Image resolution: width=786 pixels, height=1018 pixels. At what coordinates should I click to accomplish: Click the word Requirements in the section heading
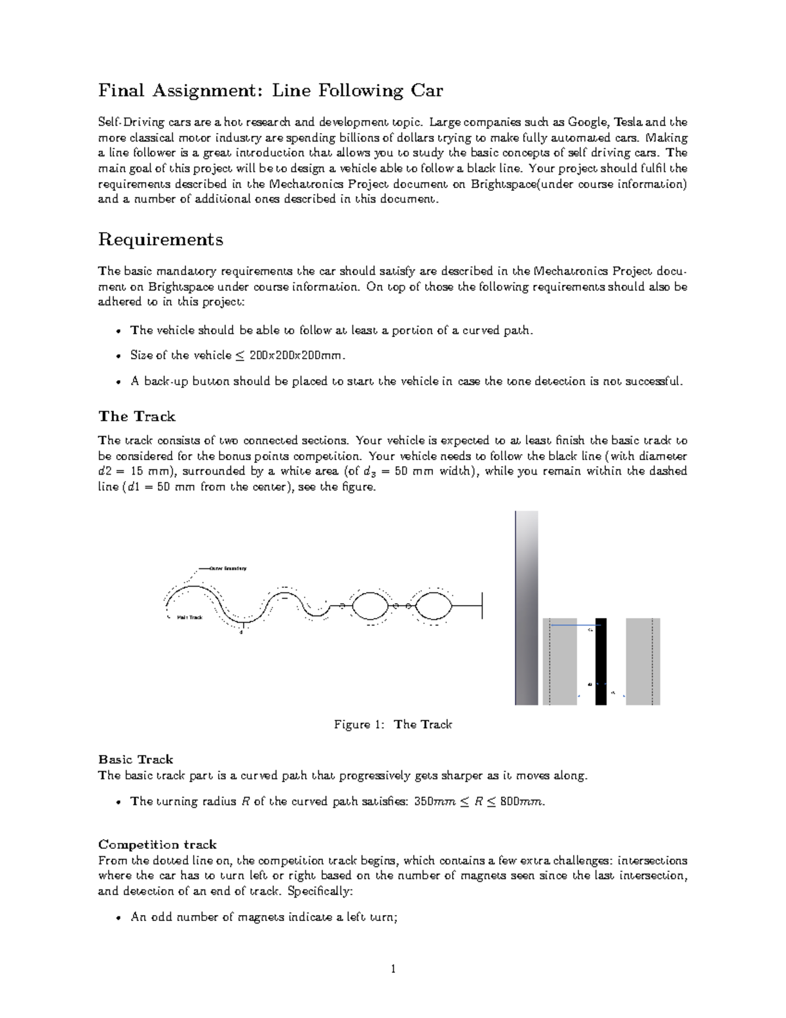160,240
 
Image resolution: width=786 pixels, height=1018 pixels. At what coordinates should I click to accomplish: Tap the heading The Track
136,417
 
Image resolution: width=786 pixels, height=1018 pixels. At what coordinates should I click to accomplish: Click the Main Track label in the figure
189,617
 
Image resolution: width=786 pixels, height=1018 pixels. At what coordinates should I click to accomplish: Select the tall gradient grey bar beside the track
526,608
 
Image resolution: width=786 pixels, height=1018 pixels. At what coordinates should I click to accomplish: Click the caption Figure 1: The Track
393,724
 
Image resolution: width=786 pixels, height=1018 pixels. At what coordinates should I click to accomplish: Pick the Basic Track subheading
136,760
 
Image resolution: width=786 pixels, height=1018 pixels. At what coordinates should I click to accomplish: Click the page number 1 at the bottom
393,969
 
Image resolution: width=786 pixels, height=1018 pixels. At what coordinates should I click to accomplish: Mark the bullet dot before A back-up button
118,382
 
